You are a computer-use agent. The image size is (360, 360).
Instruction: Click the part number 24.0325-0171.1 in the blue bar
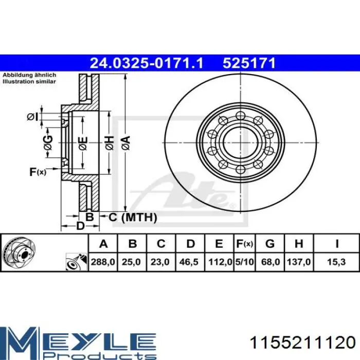147,63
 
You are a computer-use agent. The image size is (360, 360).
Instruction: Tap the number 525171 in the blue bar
249,63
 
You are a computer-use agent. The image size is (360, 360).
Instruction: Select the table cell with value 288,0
103,262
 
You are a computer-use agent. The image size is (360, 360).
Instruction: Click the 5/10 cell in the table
244,262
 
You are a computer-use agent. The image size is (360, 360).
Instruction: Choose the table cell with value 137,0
299,262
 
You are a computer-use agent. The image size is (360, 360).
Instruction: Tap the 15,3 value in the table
336,262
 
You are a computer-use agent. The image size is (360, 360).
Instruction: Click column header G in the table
270,244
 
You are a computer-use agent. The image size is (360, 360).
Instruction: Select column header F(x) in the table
244,244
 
